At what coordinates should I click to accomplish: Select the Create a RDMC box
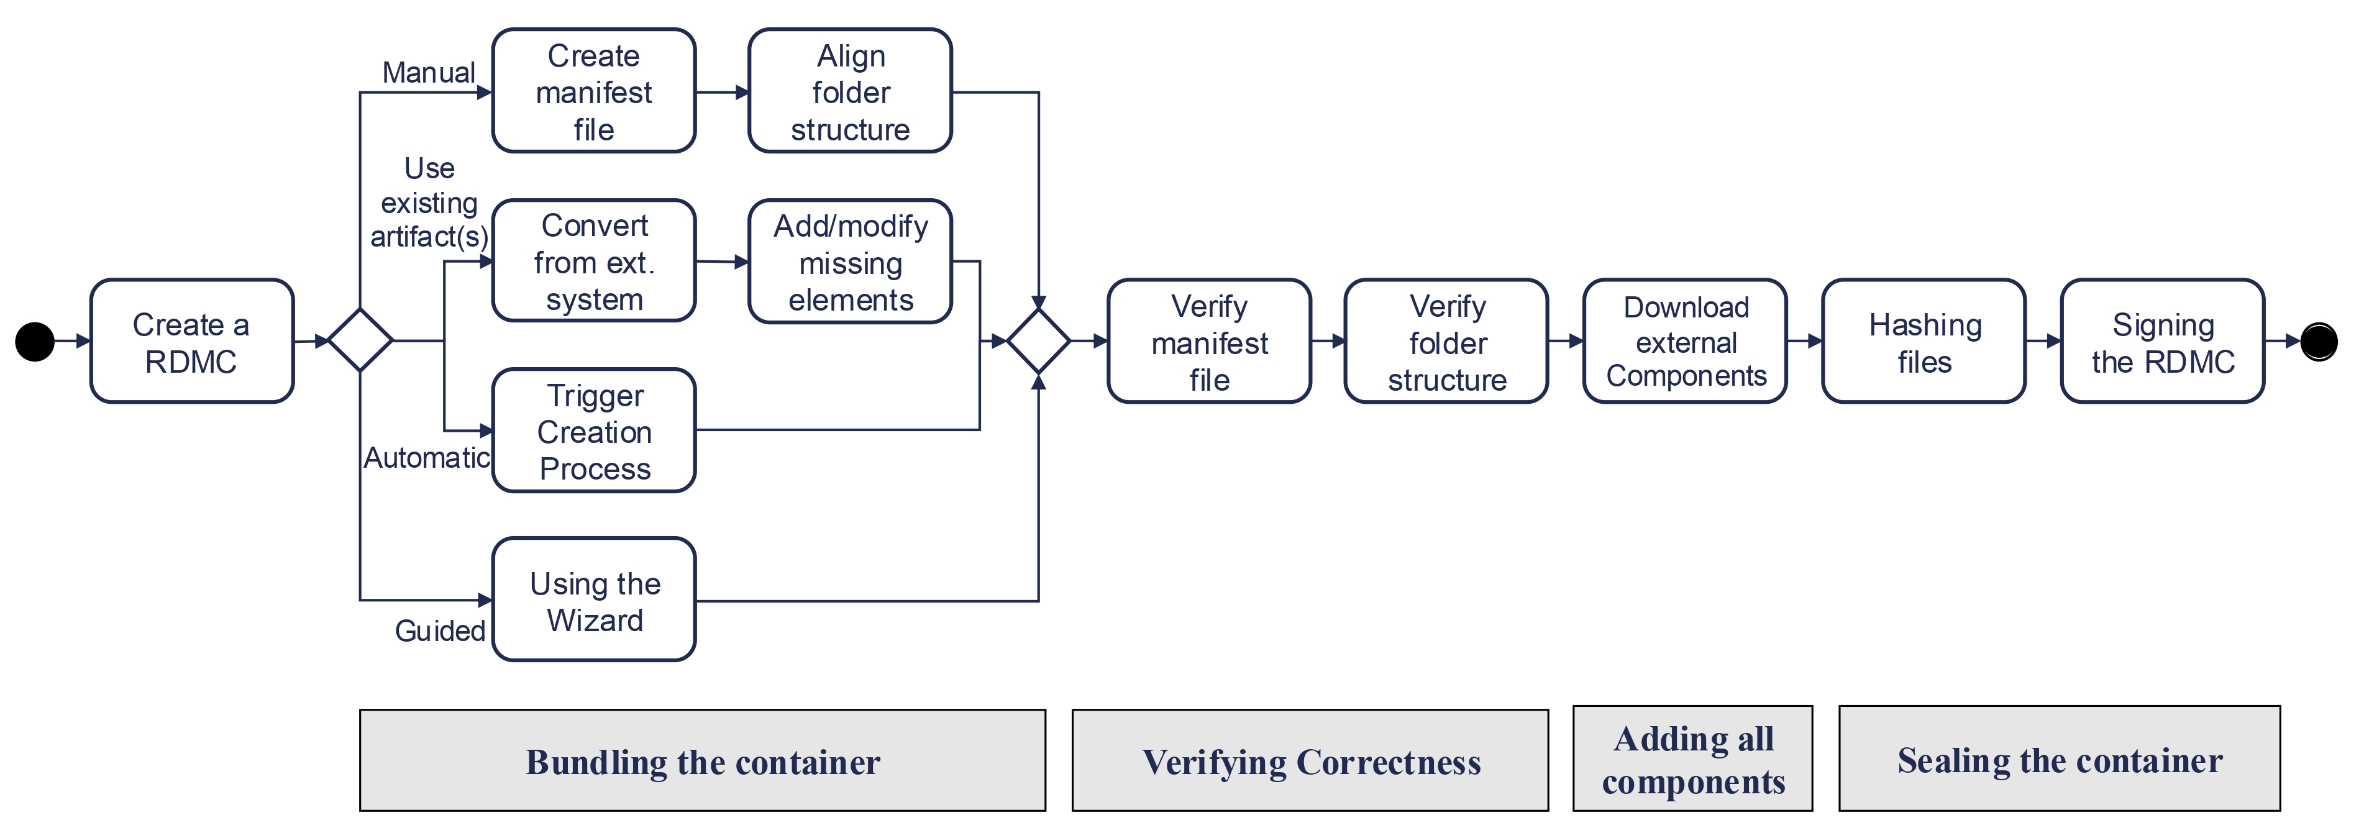192,342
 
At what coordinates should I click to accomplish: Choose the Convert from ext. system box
594,262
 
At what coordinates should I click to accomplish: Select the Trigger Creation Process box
594,431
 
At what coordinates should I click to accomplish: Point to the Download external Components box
1685,342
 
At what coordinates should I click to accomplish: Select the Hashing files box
1924,342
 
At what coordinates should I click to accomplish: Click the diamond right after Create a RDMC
360,340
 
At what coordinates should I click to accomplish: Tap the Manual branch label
429,73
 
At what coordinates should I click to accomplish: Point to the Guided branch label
440,631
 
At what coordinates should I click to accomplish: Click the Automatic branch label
427,457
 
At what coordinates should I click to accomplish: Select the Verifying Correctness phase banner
1310,761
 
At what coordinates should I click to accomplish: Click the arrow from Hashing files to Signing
2043,342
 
